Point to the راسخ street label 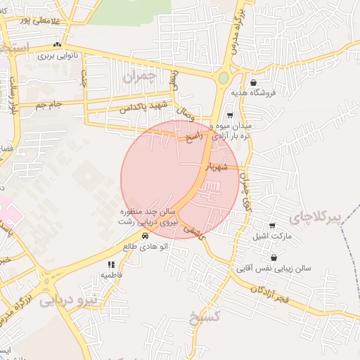click(x=194, y=136)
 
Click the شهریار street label click(x=217, y=167)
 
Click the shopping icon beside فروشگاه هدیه click(x=252, y=83)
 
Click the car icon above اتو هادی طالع click(x=145, y=236)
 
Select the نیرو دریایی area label click(x=70, y=301)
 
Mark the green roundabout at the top click(x=224, y=78)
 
